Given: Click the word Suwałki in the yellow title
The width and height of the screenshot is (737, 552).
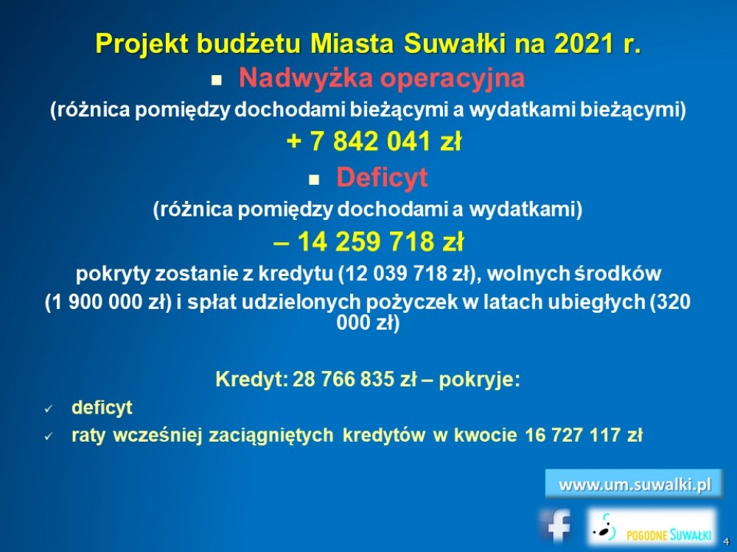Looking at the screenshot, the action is pyautogui.click(x=454, y=43).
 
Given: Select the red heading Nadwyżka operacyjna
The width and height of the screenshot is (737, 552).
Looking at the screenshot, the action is pyautogui.click(x=382, y=78).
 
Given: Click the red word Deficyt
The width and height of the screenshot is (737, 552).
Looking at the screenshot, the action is pyautogui.click(x=382, y=178).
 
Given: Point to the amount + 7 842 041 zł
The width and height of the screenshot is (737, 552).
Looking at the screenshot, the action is pyautogui.click(x=374, y=141).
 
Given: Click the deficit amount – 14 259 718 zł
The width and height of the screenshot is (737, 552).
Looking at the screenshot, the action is pyautogui.click(x=368, y=241).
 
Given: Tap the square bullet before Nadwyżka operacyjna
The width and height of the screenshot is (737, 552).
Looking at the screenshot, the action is pyautogui.click(x=216, y=80).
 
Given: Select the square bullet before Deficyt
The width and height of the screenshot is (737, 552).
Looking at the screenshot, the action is pyautogui.click(x=314, y=180).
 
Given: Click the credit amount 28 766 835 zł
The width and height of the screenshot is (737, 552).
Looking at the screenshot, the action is pyautogui.click(x=354, y=379).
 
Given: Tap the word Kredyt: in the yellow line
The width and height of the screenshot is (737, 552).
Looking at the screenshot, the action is pyautogui.click(x=251, y=379).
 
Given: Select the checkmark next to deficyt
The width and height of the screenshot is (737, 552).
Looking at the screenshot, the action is pyautogui.click(x=49, y=408).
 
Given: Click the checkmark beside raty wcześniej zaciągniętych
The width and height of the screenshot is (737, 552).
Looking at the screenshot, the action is pyautogui.click(x=49, y=436).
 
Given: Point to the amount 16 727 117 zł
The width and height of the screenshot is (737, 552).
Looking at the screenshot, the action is pyautogui.click(x=583, y=435).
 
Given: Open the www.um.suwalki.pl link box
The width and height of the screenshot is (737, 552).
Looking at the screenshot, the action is pyautogui.click(x=634, y=484).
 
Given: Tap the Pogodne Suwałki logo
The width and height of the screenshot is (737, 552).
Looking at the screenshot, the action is pyautogui.click(x=653, y=527).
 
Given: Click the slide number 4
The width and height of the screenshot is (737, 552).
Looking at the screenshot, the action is pyautogui.click(x=726, y=542).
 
